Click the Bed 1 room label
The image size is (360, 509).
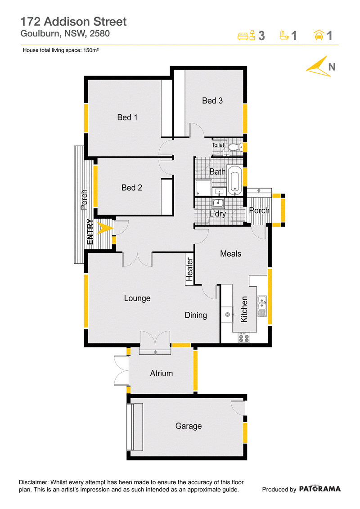tap(127, 117)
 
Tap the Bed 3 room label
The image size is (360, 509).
tap(212, 101)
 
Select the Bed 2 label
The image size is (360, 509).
tap(132, 188)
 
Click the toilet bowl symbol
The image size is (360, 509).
tap(234, 147)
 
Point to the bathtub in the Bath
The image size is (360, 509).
tap(234, 180)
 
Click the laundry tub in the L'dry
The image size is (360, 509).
tap(218, 203)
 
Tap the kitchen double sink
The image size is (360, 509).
tap(262, 306)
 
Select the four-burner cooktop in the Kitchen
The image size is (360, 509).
tap(244, 338)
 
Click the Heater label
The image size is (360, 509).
tap(189, 269)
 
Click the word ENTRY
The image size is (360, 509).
tap(90, 232)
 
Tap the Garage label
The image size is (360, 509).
tap(189, 426)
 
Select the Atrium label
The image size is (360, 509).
tap(162, 373)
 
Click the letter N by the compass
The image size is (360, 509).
tap(332, 67)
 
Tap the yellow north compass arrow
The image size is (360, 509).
tap(319, 68)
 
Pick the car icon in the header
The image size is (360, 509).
tap(319, 35)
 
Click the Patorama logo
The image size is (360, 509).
tap(320, 489)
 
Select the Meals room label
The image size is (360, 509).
tap(230, 253)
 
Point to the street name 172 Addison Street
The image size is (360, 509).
tap(73, 22)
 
